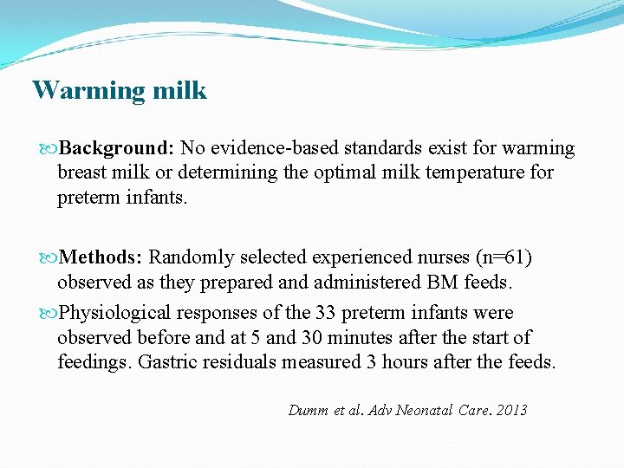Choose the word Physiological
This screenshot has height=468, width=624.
click(x=112, y=313)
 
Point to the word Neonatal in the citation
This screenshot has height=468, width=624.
click(x=424, y=410)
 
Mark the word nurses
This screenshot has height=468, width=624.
click(x=443, y=257)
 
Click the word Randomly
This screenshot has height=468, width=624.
click(x=187, y=257)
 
